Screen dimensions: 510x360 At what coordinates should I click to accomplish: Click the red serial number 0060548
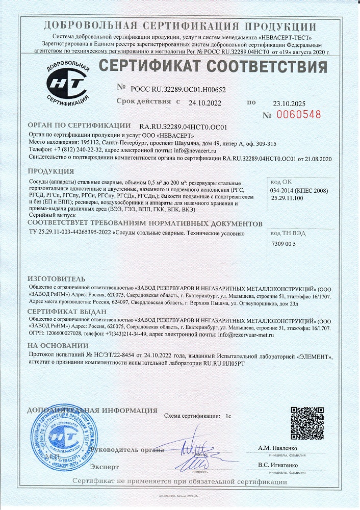click(299, 115)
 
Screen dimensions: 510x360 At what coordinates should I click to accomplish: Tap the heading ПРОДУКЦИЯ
click(50, 171)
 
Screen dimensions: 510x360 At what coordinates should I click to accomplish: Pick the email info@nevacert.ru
click(202, 151)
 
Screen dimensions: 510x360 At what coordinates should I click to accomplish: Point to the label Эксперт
click(104, 467)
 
